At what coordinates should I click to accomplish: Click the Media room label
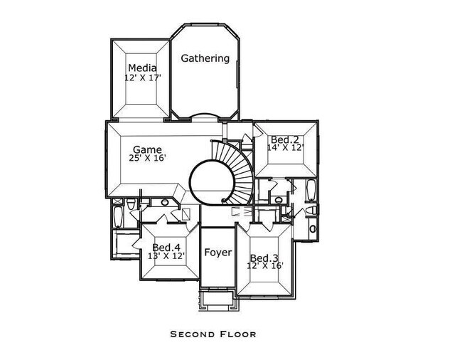[x=142, y=68]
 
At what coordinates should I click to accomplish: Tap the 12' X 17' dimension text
[x=142, y=78]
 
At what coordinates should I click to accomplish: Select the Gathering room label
[x=205, y=58]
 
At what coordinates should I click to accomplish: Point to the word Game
[x=147, y=149]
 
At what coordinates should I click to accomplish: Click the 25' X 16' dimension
[x=149, y=158]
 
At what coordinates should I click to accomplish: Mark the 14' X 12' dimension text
[x=285, y=148]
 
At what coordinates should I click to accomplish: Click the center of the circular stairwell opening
[x=211, y=182]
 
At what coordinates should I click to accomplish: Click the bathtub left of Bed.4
[x=119, y=216]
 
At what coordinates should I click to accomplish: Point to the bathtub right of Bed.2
[x=311, y=191]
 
